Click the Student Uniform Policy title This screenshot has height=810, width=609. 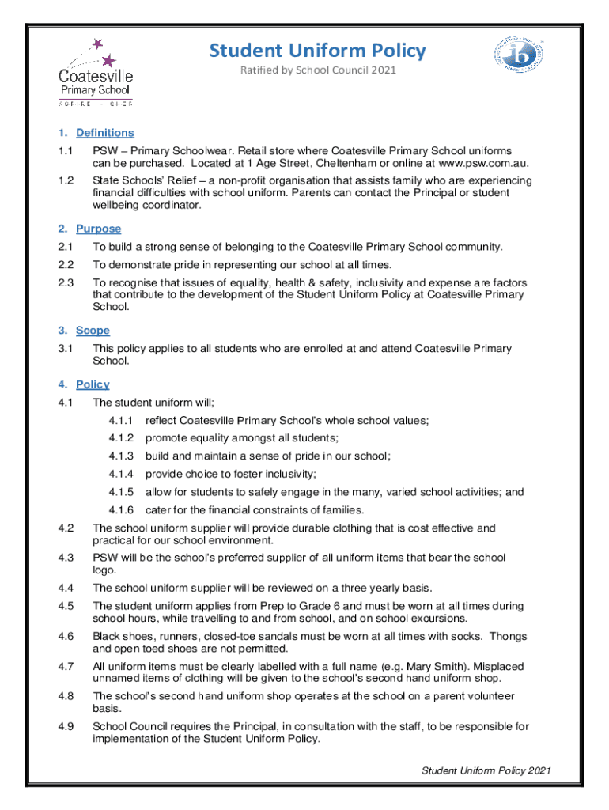pyautogui.click(x=317, y=51)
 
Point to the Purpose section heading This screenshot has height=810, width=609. pyautogui.click(x=98, y=229)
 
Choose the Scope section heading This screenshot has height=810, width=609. pyautogui.click(x=93, y=330)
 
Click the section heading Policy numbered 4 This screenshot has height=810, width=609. pyautogui.click(x=93, y=384)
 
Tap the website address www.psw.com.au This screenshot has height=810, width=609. pyautogui.click(x=482, y=163)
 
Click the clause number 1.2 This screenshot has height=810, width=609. pyautogui.click(x=66, y=180)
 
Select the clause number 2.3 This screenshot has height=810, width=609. pyautogui.click(x=66, y=282)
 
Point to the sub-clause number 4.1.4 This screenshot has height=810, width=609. pyautogui.click(x=122, y=474)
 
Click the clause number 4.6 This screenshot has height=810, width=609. pyautogui.click(x=66, y=636)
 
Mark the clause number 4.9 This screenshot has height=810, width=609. pyautogui.click(x=66, y=726)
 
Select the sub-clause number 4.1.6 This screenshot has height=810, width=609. pyautogui.click(x=122, y=509)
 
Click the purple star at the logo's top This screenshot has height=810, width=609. pyautogui.click(x=98, y=44)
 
